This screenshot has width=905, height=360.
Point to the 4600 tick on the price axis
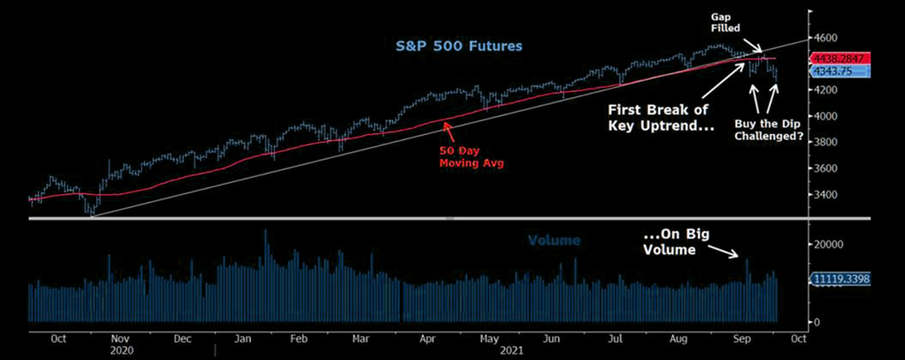[826, 38]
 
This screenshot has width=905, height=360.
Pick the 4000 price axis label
[826, 116]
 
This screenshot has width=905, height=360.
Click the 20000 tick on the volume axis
[829, 244]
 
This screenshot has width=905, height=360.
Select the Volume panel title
[554, 241]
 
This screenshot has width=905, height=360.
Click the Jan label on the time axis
[242, 339]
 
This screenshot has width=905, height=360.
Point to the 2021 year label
[513, 351]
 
